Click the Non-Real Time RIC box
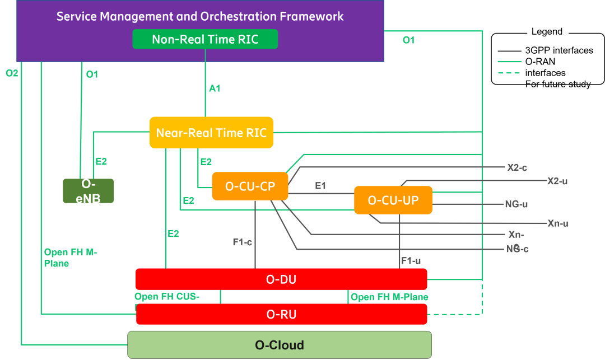[205, 39]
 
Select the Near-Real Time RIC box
[211, 133]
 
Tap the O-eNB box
[88, 191]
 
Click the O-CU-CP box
[250, 186]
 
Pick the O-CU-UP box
[393, 200]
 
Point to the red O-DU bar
[281, 279]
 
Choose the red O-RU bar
[281, 314]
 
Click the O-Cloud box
[280, 344]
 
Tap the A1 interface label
[215, 88]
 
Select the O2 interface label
[12, 73]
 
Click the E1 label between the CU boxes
[320, 186]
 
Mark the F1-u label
[411, 260]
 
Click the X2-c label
[516, 167]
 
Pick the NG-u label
[516, 204]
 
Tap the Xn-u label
[558, 223]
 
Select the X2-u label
[558, 181]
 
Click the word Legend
[546, 32]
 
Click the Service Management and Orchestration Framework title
[200, 16]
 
